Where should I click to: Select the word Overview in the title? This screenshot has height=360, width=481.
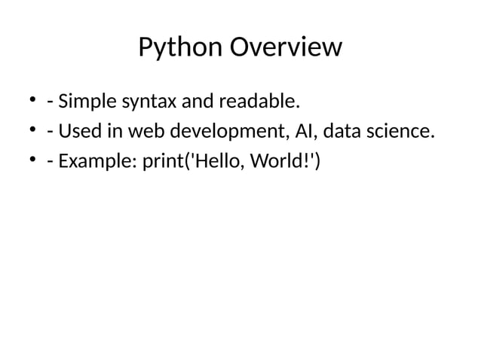coord(284,48)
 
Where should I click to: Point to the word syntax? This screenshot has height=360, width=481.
coord(150,101)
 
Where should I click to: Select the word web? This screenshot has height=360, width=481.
coord(144,133)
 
